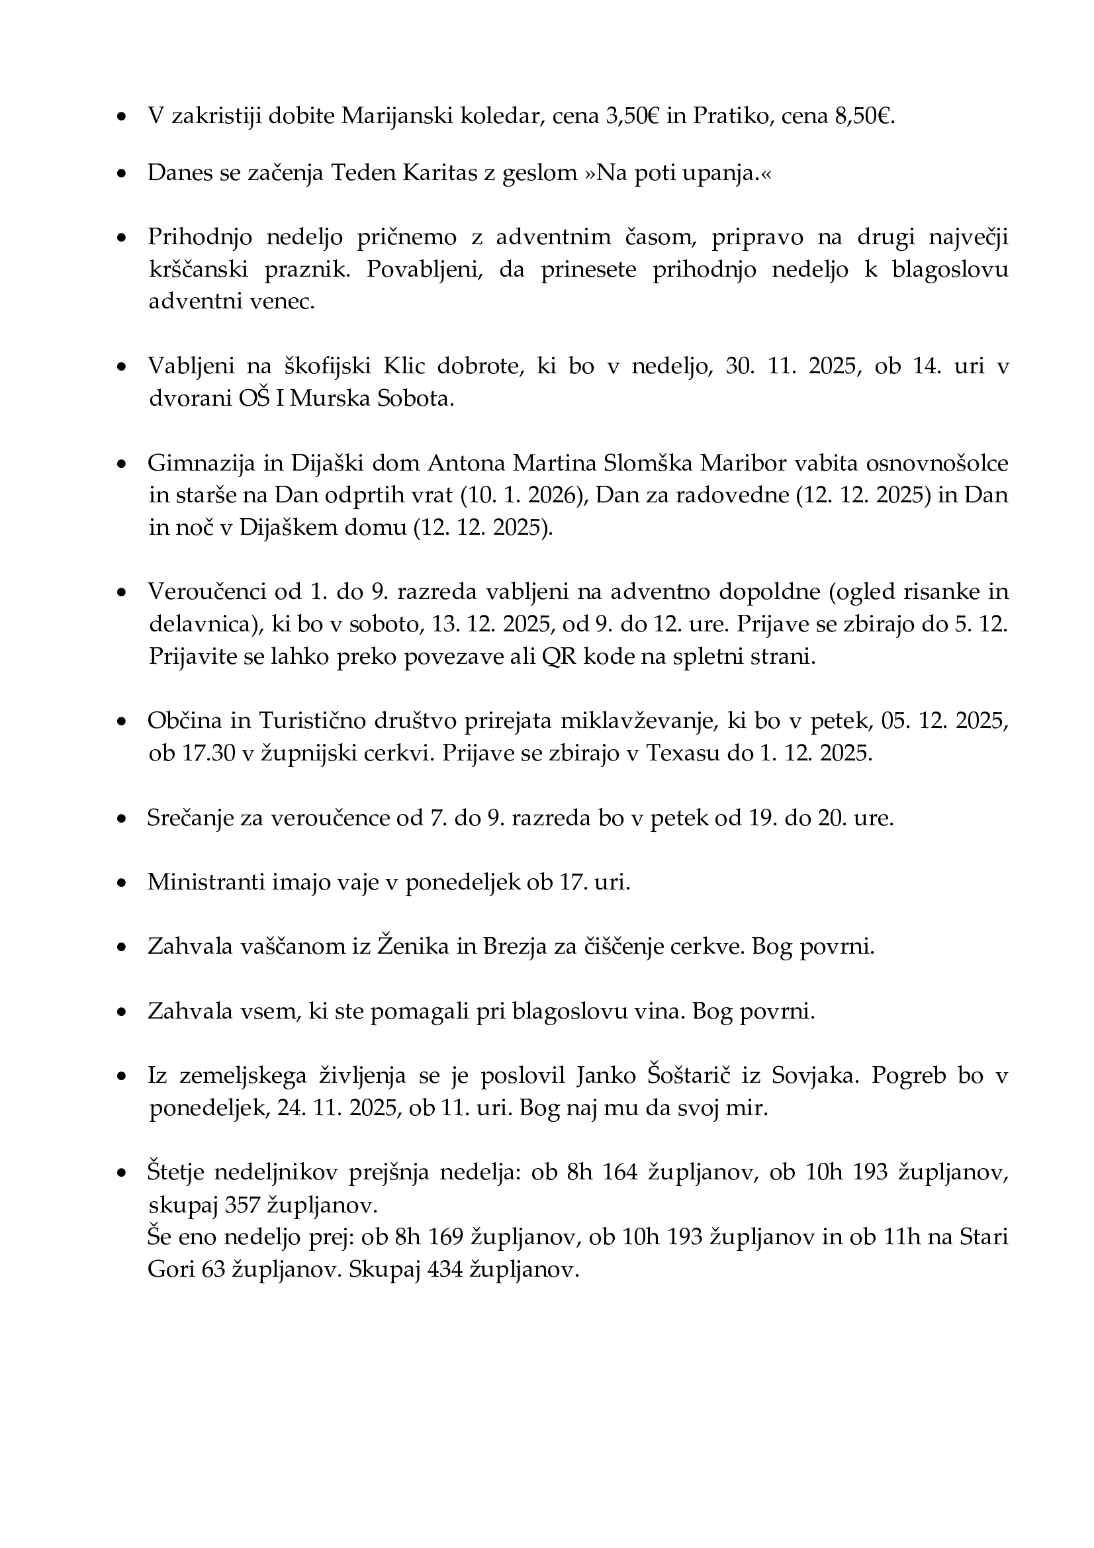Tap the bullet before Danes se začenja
pos(122,175)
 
